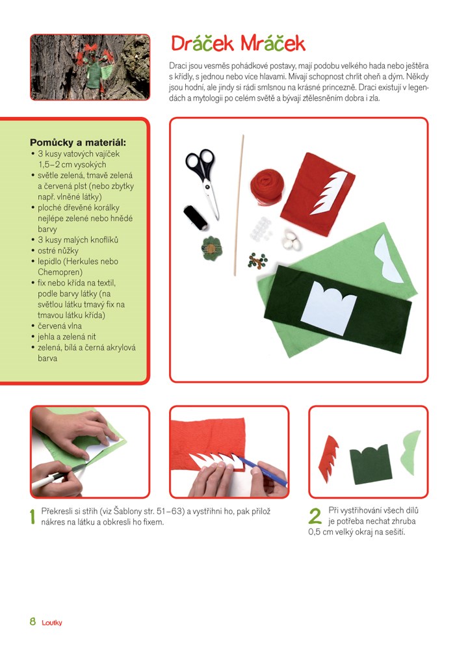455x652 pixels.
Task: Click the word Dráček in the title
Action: [203, 44]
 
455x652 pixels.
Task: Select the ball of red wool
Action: [266, 187]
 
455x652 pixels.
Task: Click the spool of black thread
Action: [196, 217]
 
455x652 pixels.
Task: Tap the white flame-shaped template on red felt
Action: [328, 192]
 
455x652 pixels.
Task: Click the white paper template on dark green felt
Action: [328, 307]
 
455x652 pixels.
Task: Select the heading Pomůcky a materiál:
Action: [78, 142]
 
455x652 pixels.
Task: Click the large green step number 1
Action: [32, 516]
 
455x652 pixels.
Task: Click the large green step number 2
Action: [315, 516]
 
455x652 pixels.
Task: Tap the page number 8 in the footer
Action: [33, 621]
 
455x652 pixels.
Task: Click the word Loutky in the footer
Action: [52, 623]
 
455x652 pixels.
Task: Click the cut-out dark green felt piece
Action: [370, 464]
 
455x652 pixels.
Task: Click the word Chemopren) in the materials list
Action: [60, 272]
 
